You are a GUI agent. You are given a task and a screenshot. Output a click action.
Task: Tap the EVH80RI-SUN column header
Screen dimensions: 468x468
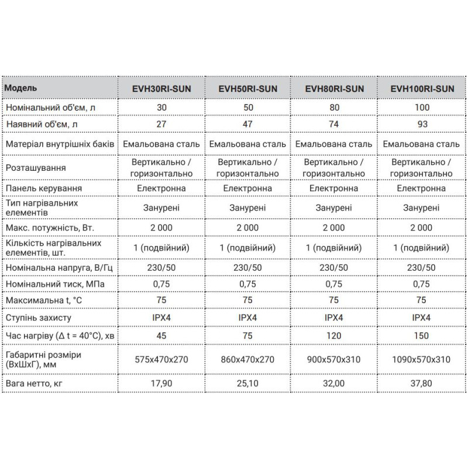[x=335, y=90]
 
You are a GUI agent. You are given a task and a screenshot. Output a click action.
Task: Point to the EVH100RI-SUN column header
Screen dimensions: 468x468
[x=421, y=90]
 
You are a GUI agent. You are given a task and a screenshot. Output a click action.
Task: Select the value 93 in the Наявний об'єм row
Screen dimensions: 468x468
[x=421, y=125]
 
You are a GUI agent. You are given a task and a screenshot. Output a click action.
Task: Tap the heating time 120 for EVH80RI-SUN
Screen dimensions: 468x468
[x=335, y=336]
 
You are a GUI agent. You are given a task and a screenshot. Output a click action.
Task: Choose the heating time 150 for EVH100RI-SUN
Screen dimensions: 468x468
[x=421, y=336]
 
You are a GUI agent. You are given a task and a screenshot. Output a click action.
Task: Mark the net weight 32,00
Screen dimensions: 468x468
[x=335, y=384]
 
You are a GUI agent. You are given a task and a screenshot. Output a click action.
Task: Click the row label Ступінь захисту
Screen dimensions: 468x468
[x=38, y=318]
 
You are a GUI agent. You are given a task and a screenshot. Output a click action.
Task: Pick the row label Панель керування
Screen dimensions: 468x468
[x=43, y=188]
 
